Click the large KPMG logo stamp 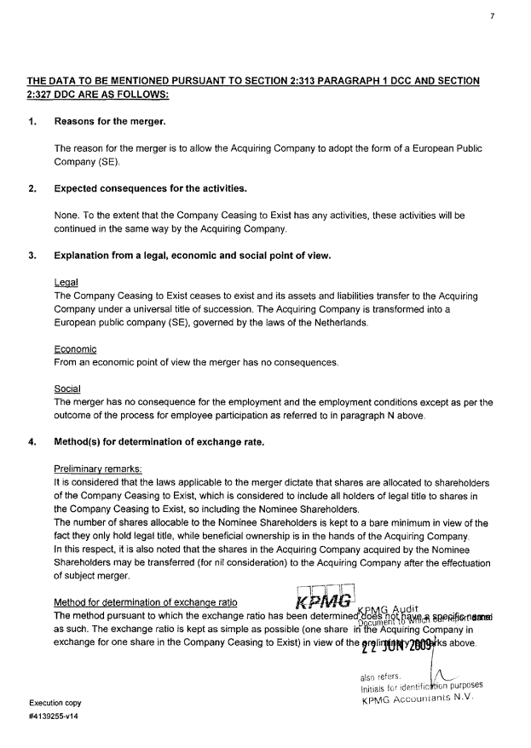click(x=320, y=600)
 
